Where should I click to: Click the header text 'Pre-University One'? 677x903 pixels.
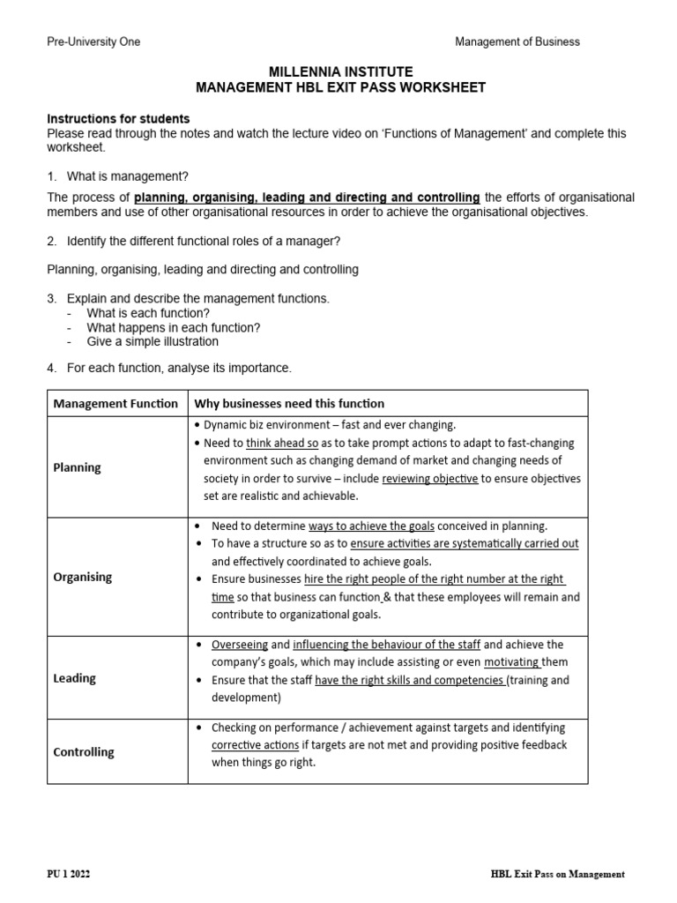(93, 41)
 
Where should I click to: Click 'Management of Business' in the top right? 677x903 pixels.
(517, 41)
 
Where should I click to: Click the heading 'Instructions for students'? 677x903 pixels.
(118, 119)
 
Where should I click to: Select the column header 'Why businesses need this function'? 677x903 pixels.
(289, 404)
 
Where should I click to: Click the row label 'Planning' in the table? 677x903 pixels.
(78, 467)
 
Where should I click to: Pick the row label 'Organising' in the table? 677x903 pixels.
(83, 577)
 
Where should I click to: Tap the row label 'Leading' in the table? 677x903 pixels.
(75, 678)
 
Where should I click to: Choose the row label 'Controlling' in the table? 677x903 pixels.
(84, 752)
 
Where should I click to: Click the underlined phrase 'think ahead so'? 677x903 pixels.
(282, 443)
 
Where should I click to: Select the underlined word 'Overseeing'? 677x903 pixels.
(240, 645)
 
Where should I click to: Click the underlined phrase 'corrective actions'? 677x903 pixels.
(255, 745)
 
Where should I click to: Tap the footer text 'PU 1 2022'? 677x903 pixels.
(69, 874)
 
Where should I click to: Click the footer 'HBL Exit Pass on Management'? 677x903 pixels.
(557, 874)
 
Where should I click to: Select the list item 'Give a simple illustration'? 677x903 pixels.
(153, 341)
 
